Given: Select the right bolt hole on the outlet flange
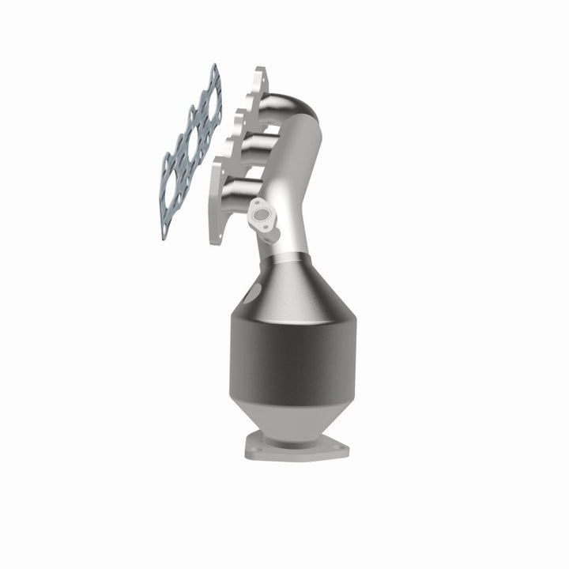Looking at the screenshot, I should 341,451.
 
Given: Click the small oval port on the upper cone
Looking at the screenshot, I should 252,294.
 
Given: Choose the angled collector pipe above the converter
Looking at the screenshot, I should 288,198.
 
